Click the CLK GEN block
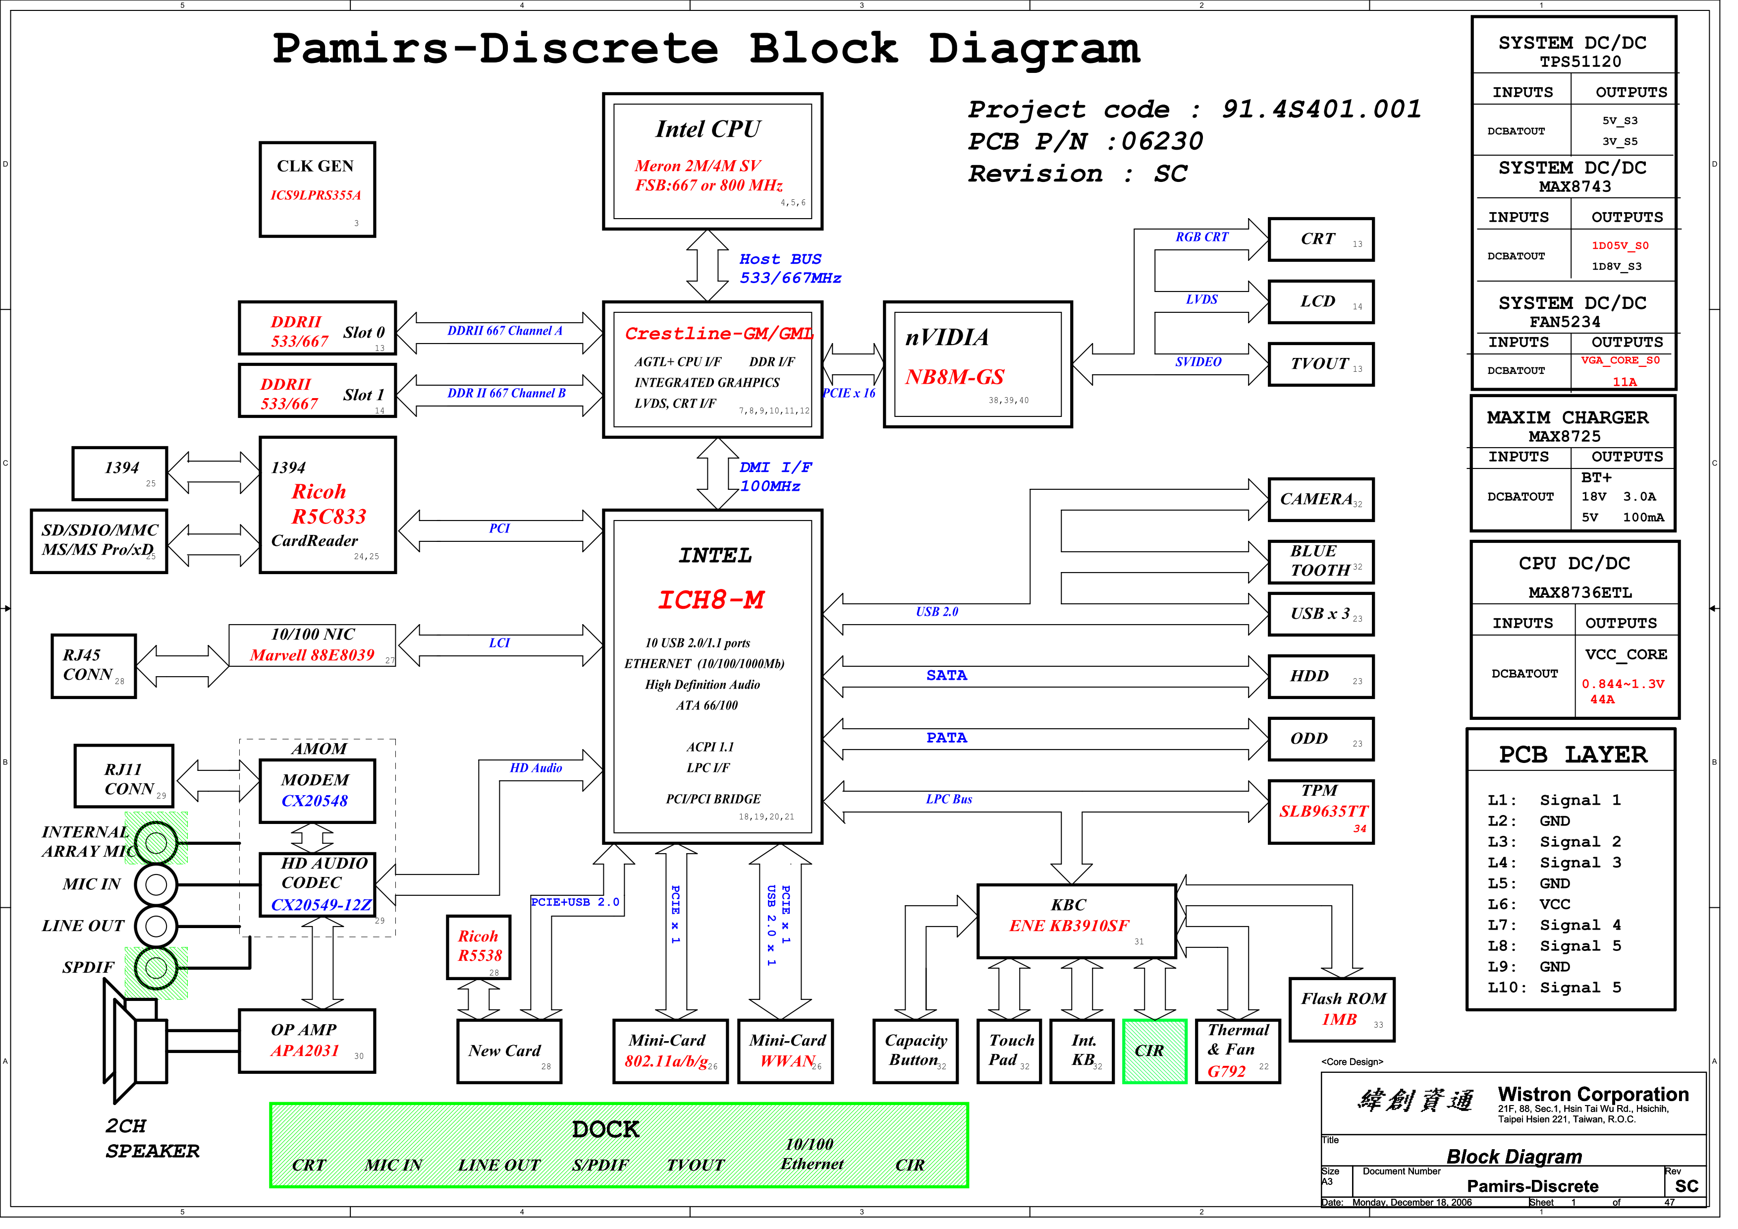point(317,189)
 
